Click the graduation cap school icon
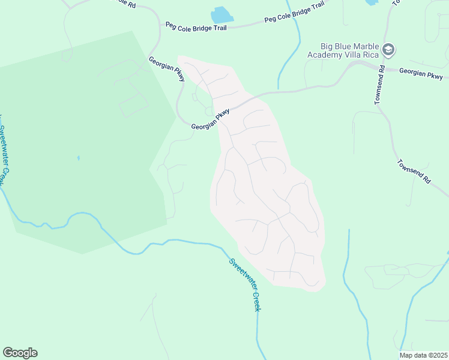388,50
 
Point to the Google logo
20,353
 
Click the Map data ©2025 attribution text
423,355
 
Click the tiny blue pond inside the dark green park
78,158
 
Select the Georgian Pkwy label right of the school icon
421,73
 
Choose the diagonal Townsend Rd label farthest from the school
414,171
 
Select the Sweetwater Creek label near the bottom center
246,284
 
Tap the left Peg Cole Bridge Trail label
196,26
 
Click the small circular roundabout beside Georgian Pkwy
209,111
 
